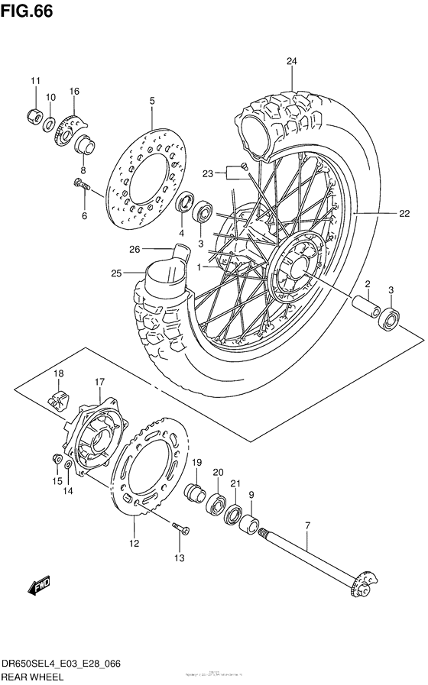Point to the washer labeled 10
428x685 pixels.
[x=49, y=124]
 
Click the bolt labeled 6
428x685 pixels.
[x=81, y=183]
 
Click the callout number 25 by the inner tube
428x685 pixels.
[x=117, y=273]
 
